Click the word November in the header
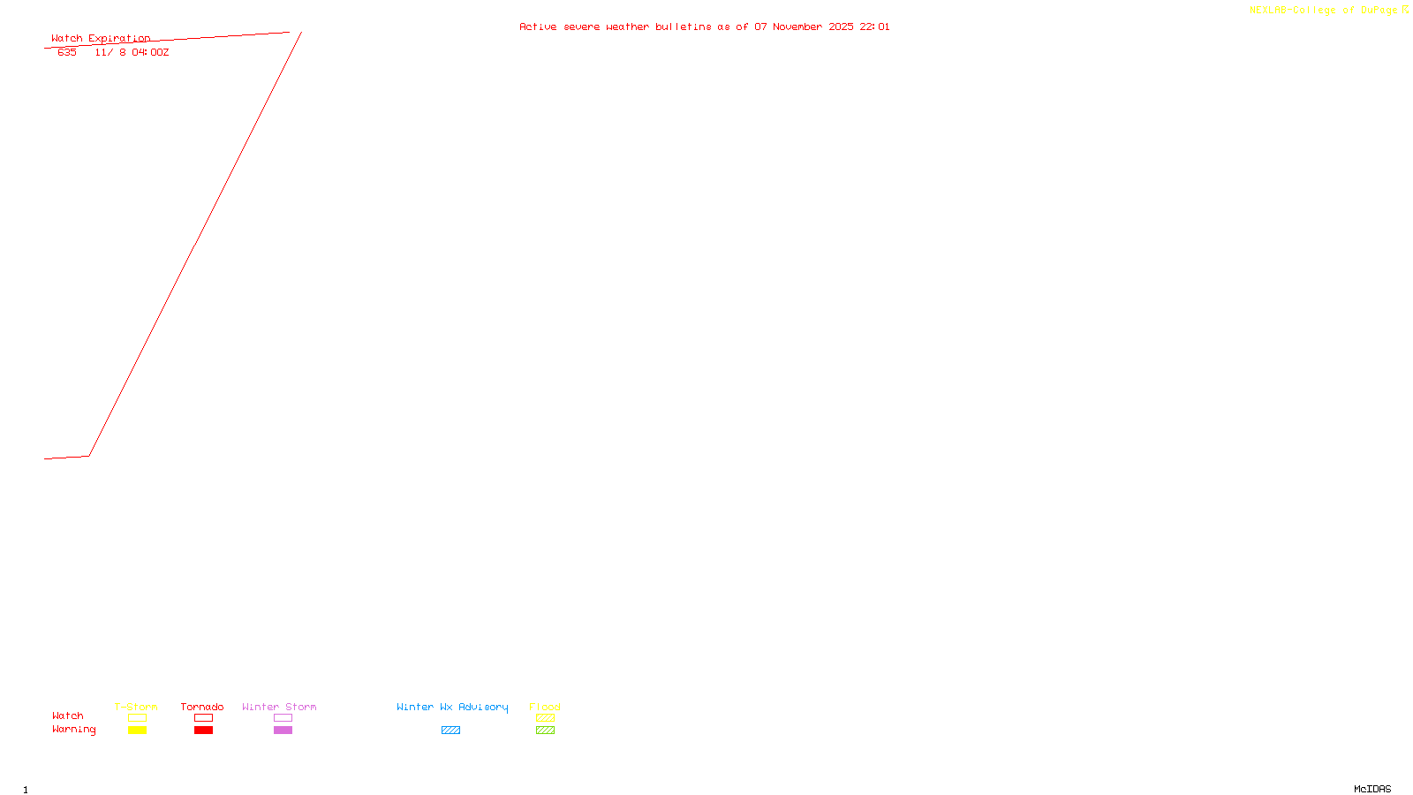click(x=797, y=27)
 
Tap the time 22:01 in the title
click(x=874, y=27)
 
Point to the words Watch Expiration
click(x=101, y=39)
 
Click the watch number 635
click(x=67, y=53)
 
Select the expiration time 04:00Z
click(x=150, y=53)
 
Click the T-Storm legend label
click(x=136, y=707)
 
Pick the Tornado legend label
click(x=202, y=707)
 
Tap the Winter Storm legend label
click(x=279, y=707)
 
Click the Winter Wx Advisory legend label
click(x=452, y=707)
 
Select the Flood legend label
click(x=545, y=707)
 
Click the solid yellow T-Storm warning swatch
click(x=137, y=731)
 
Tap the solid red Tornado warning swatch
click(x=204, y=731)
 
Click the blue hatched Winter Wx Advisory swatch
click(x=450, y=731)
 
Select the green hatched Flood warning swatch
click(x=545, y=731)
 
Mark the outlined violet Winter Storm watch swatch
click(x=283, y=718)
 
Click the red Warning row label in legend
click(x=73, y=730)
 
